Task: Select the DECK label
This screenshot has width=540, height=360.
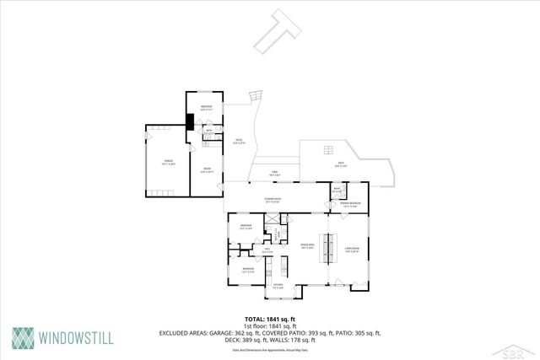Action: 341,164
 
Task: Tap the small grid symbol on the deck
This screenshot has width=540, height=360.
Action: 326,153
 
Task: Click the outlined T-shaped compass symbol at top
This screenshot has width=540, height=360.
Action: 278,32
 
